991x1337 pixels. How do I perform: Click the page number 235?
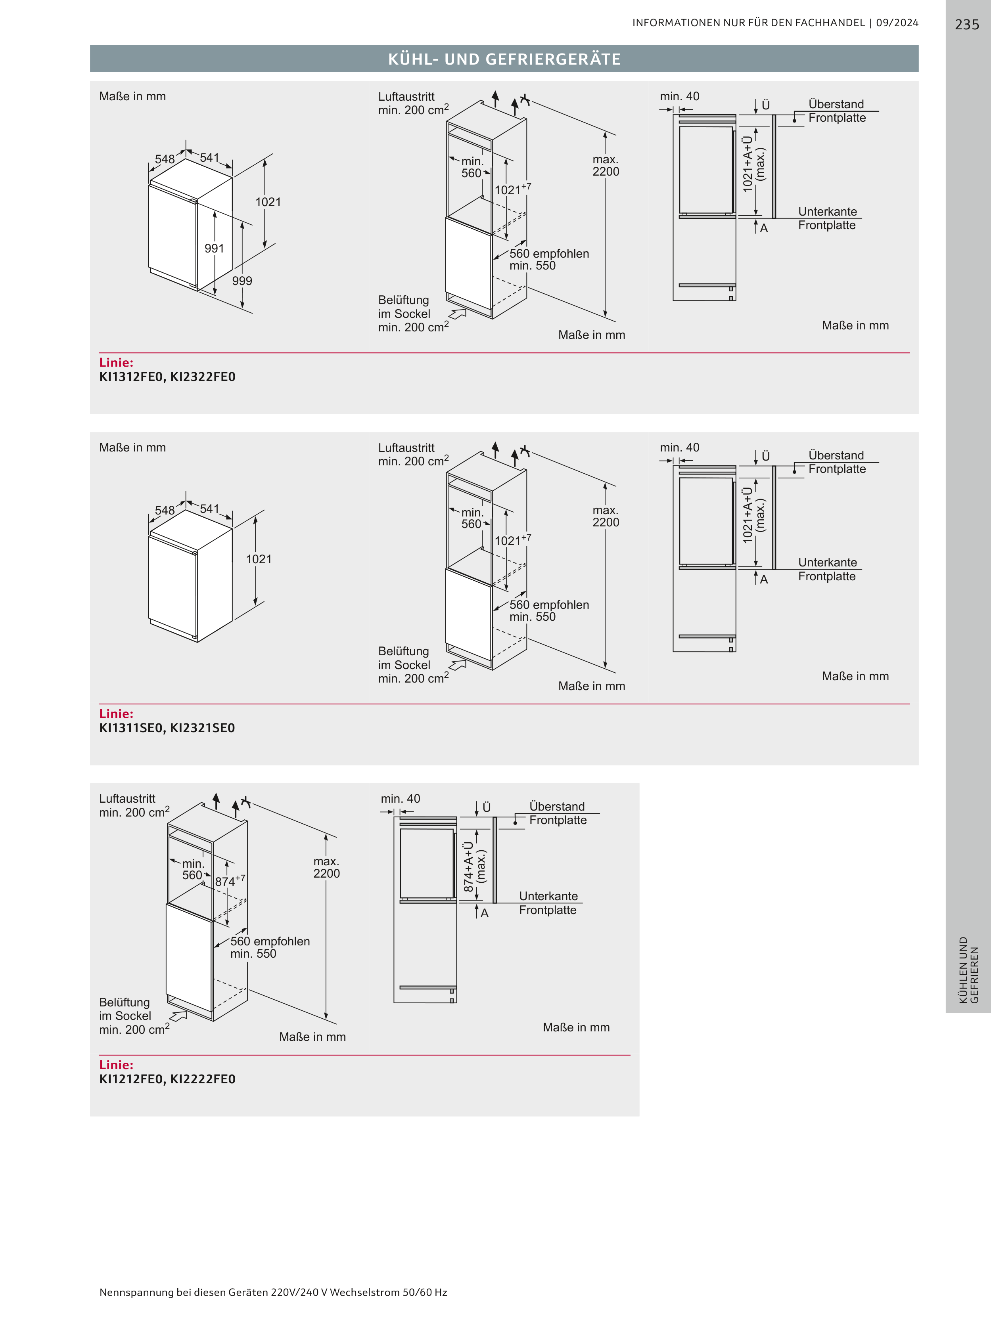point(966,25)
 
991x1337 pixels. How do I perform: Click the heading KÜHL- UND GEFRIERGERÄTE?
point(504,59)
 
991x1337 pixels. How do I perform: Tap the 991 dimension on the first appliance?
point(214,248)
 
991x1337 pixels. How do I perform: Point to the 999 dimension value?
point(242,281)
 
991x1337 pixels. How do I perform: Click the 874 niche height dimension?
point(230,881)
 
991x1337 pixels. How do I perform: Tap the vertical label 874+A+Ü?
point(468,866)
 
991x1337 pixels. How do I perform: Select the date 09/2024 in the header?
point(897,23)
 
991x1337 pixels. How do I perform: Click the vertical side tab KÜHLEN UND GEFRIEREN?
point(968,970)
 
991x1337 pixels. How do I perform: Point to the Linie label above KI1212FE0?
point(116,1064)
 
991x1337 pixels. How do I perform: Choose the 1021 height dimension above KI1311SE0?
point(259,559)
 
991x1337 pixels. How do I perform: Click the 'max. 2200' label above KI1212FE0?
point(326,868)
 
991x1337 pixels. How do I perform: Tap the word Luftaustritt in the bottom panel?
point(127,799)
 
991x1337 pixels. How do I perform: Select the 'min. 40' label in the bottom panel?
point(400,799)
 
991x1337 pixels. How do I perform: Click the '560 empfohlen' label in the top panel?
point(550,254)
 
